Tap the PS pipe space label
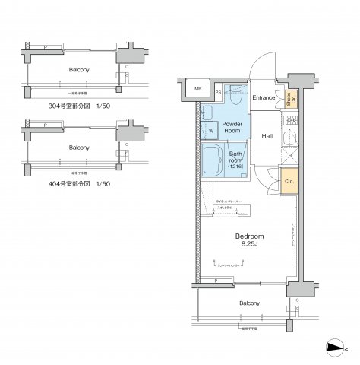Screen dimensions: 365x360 click(x=219, y=94)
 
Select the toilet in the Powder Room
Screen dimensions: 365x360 click(x=235, y=97)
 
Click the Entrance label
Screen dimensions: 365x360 click(x=263, y=98)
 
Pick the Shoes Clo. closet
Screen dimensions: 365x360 click(x=289, y=99)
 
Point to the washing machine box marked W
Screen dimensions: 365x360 click(x=210, y=130)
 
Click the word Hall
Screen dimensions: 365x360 click(x=267, y=136)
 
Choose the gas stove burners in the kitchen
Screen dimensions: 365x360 click(x=289, y=122)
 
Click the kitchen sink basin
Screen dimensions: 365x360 click(x=289, y=139)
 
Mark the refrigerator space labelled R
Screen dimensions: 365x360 click(x=289, y=157)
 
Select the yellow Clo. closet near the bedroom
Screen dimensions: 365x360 click(x=289, y=181)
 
